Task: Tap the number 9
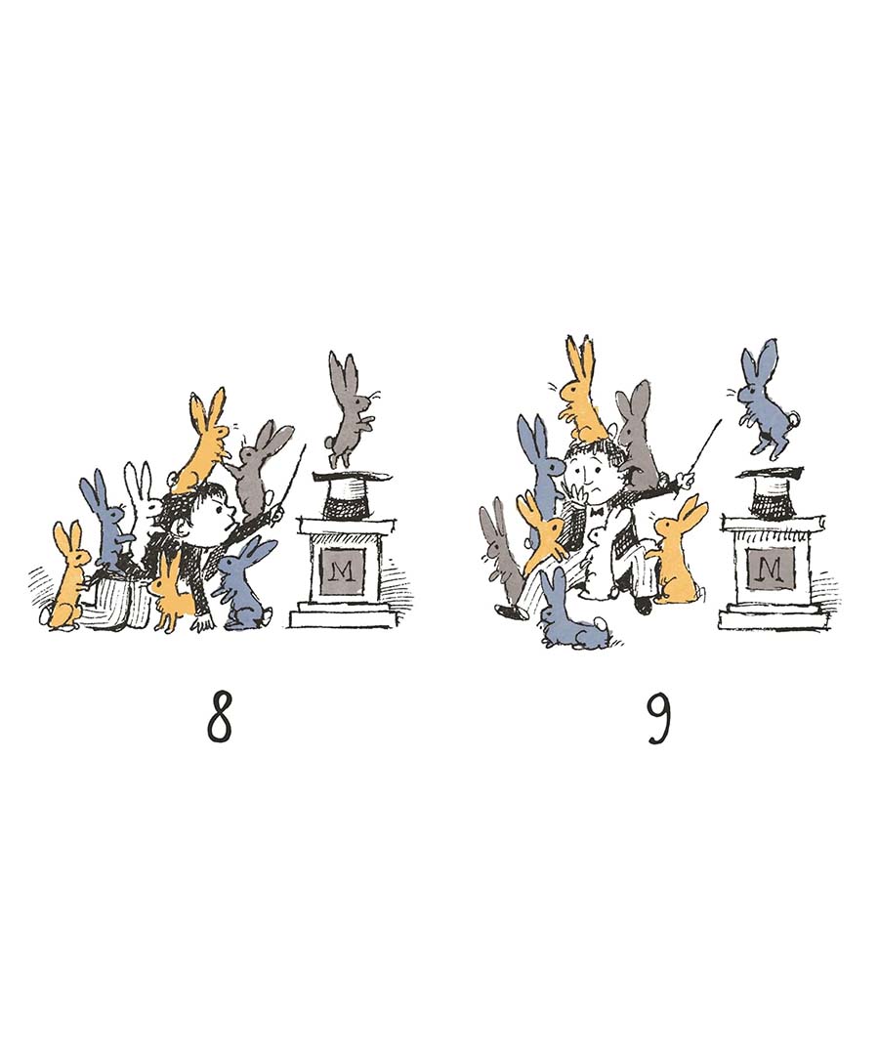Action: tap(660, 723)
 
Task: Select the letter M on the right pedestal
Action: tap(771, 571)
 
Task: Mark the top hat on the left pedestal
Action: tap(353, 495)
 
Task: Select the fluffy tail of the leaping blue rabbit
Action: tap(793, 423)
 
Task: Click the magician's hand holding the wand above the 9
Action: tap(685, 481)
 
